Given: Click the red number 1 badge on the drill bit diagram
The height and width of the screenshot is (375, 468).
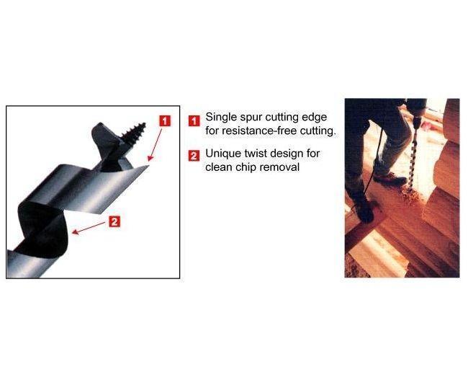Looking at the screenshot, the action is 165,121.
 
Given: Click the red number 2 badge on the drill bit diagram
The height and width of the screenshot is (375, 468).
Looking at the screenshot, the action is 114,221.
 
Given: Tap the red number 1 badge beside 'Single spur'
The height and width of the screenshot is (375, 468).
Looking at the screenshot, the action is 194,121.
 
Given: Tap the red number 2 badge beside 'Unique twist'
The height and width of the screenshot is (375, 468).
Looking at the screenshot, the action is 194,156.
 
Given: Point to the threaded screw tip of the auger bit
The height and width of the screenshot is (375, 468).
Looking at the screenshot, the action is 135,132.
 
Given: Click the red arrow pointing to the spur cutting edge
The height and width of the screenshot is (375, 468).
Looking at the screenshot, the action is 156,145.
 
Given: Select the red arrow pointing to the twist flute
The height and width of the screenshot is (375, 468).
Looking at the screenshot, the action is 89,228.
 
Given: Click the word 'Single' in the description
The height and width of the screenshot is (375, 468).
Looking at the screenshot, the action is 221,118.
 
